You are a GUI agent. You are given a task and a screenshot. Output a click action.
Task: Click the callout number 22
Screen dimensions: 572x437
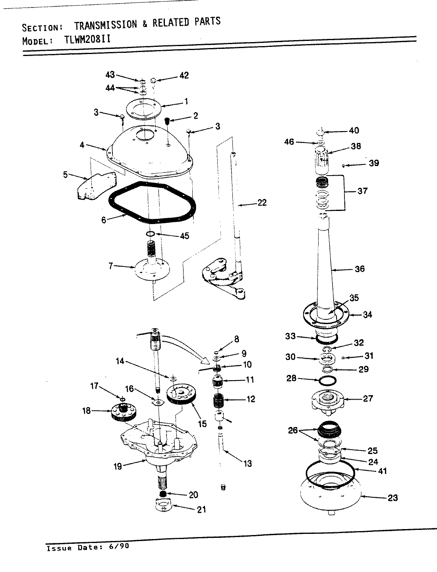(262, 203)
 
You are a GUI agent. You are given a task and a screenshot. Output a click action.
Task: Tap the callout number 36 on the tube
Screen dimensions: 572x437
(359, 269)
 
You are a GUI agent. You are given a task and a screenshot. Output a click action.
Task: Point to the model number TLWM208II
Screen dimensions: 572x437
(87, 40)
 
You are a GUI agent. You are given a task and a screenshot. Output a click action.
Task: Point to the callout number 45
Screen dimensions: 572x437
(184, 236)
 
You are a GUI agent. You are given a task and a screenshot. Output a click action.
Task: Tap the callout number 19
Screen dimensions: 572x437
(118, 466)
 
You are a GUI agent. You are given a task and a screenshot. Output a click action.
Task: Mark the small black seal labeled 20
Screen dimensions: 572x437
(162, 493)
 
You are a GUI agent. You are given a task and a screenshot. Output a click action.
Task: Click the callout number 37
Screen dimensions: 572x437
(362, 191)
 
